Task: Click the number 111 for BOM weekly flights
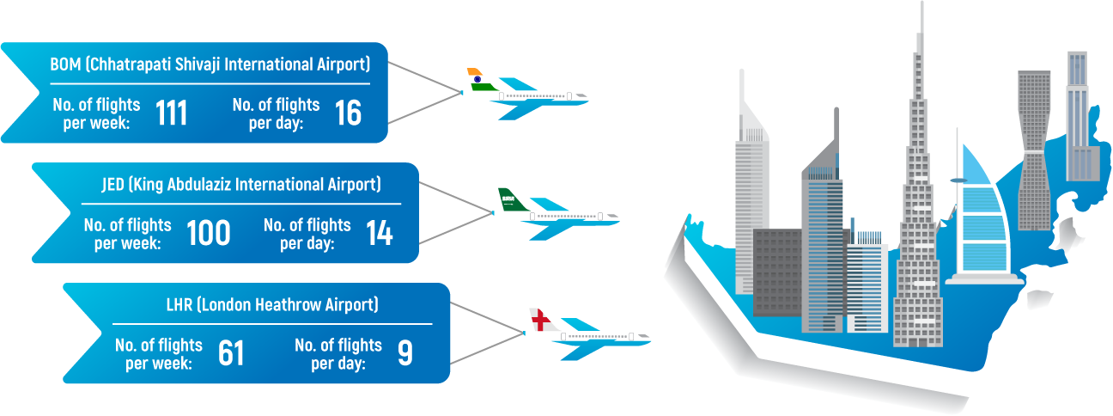pos(172,113)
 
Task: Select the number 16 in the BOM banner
pos(348,113)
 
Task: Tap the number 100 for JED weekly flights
pos(209,233)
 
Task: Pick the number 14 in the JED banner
pos(379,233)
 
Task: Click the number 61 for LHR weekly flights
pos(232,353)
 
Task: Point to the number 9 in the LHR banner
pos(405,353)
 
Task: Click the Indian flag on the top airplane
pos(477,79)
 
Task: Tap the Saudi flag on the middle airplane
pos(509,199)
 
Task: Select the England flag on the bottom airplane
pos(538,319)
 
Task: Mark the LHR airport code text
pos(179,304)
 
